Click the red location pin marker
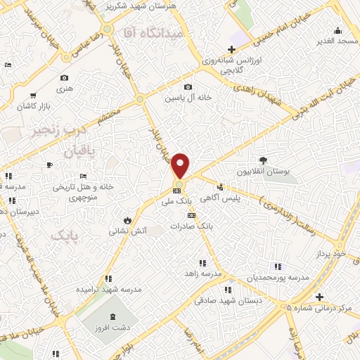tap(180, 166)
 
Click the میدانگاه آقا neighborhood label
tap(153, 33)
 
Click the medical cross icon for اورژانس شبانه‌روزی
tap(231, 48)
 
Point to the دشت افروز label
tap(116, 328)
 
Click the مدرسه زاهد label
tap(203, 272)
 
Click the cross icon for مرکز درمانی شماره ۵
tap(320, 297)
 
